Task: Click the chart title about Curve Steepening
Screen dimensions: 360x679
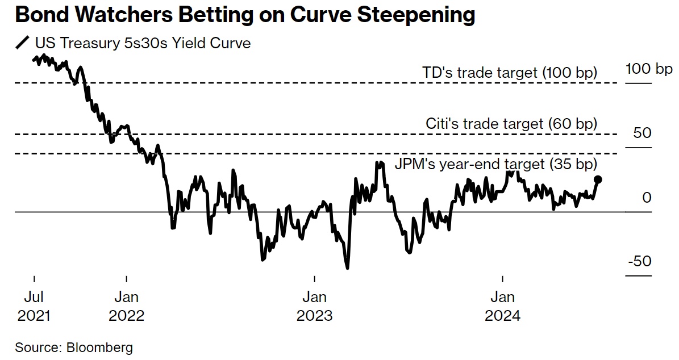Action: (245, 15)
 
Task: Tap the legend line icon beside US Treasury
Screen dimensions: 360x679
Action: (23, 43)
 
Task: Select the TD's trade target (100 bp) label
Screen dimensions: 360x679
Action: (510, 73)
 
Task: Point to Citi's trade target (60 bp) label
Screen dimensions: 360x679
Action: (511, 124)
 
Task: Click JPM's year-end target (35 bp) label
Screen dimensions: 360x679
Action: (496, 165)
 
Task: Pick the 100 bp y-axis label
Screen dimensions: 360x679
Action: (648, 69)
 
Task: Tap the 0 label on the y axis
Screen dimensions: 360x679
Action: (647, 198)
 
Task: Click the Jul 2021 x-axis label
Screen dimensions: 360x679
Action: (34, 306)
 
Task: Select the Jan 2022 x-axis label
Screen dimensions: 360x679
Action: (126, 306)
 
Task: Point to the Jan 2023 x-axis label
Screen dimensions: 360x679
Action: (314, 306)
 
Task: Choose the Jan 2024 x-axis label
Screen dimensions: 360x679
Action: (502, 306)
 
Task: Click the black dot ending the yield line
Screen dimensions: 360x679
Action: (598, 179)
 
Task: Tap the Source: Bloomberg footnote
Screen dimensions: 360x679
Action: (74, 347)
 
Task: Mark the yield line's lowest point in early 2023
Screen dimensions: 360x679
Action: (347, 267)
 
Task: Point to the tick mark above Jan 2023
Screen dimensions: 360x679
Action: (314, 279)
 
